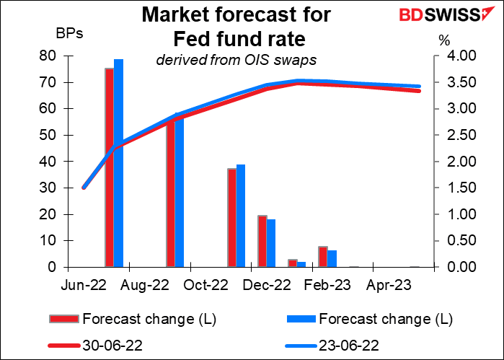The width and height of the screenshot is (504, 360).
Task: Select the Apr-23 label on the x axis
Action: point(393,285)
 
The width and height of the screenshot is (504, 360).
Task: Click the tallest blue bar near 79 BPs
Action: point(119,163)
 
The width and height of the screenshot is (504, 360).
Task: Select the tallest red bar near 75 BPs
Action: point(110,167)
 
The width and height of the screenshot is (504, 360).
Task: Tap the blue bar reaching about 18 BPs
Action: point(271,243)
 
